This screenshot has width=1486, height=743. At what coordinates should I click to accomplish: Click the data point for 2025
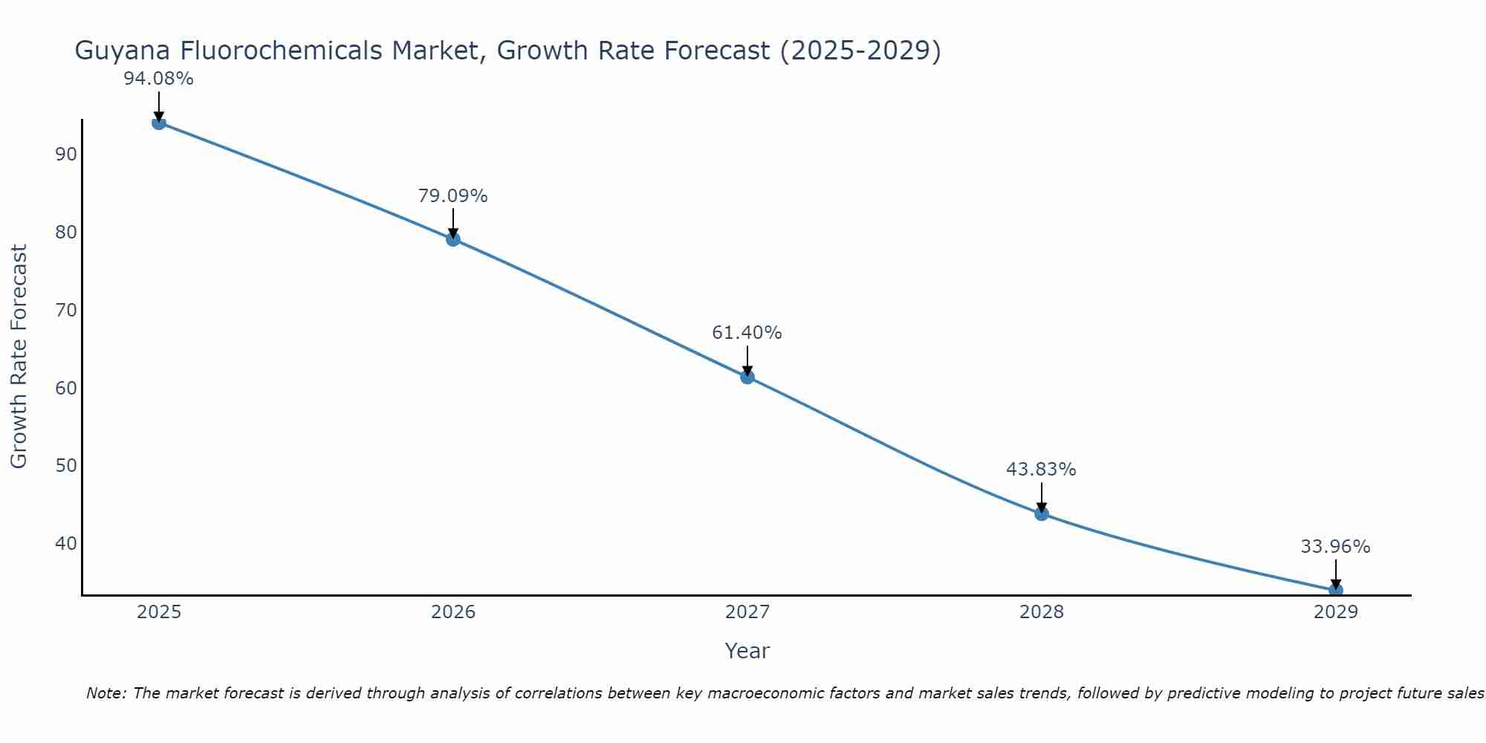click(158, 123)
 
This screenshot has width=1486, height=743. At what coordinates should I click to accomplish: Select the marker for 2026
click(453, 239)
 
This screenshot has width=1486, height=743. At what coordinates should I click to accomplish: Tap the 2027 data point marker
click(747, 377)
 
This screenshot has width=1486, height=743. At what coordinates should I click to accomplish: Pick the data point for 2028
click(1042, 513)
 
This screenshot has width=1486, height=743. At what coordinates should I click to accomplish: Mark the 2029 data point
click(1335, 590)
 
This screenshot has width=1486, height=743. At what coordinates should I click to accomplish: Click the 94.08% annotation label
click(158, 79)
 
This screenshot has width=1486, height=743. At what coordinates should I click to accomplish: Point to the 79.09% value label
click(452, 196)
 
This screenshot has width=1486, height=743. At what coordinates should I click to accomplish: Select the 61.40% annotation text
click(747, 333)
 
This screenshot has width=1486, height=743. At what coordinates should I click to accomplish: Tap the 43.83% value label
click(1041, 470)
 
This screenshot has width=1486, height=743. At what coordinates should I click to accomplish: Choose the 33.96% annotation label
click(1335, 547)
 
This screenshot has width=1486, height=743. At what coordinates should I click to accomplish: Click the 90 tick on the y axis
click(66, 155)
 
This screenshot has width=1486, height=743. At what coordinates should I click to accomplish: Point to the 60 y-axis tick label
click(66, 388)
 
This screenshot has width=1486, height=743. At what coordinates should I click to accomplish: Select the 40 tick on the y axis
click(66, 543)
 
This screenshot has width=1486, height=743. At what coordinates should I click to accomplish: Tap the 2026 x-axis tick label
click(453, 612)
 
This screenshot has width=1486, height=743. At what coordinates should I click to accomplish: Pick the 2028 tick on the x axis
click(1042, 612)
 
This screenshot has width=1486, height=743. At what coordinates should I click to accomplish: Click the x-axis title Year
click(747, 651)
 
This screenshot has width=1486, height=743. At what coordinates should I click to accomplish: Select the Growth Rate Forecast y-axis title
click(19, 356)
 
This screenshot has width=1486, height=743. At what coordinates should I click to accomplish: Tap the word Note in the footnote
click(106, 693)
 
